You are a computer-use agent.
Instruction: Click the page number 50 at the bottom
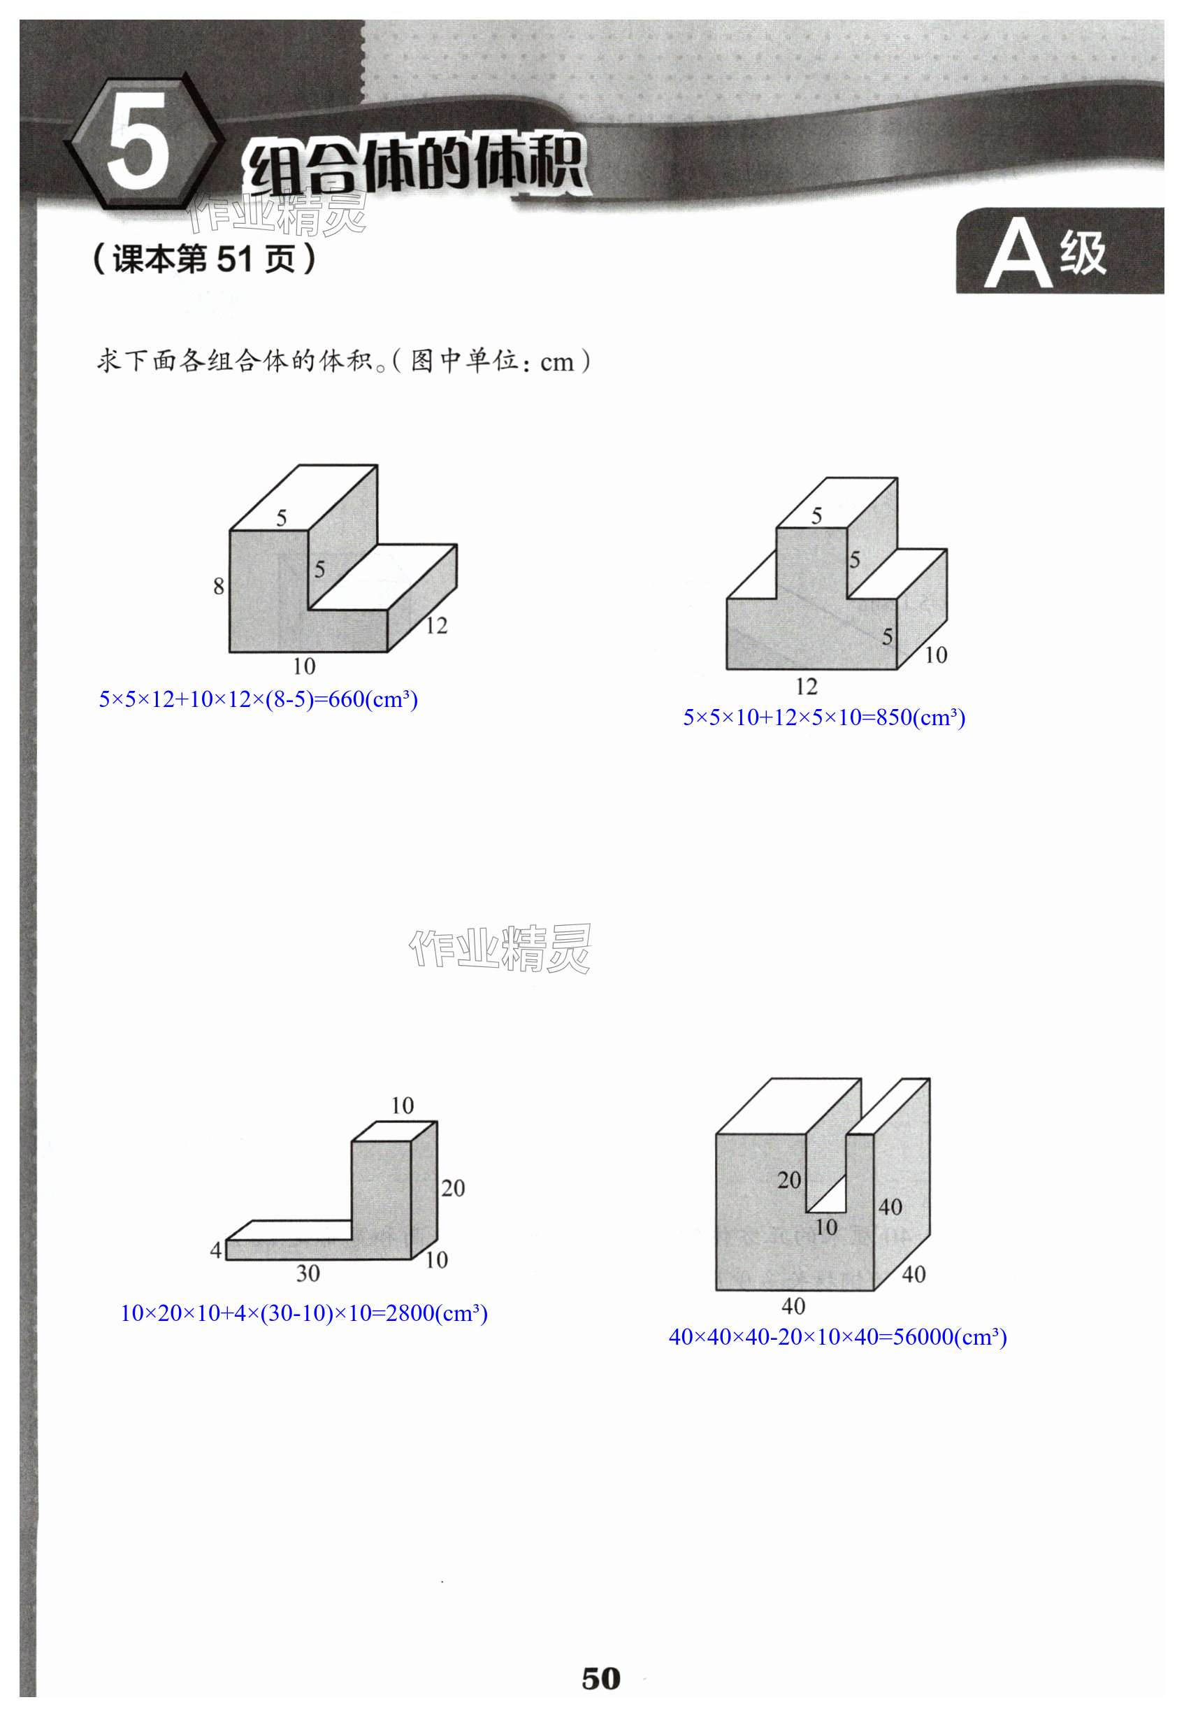pos(600,1679)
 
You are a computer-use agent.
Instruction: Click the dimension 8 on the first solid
pos(218,587)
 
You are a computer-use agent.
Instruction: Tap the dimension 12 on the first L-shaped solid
pos(436,626)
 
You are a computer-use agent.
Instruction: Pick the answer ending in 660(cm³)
pos(258,699)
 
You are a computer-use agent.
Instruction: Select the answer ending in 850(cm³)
pos(823,717)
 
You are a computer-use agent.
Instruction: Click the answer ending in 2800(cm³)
pos(303,1314)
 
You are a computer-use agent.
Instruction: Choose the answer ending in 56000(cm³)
pos(837,1338)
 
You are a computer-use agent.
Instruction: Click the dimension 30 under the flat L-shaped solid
pos(308,1273)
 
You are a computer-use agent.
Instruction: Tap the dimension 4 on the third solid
pos(215,1250)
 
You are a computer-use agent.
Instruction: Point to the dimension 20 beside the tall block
pos(452,1188)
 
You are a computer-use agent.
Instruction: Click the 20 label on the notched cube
pos(788,1180)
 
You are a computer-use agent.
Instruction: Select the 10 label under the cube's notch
pos(825,1228)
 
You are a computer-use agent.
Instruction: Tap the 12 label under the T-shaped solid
pos(807,687)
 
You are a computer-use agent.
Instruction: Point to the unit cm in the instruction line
pos(556,363)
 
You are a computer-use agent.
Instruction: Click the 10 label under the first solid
pos(304,666)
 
